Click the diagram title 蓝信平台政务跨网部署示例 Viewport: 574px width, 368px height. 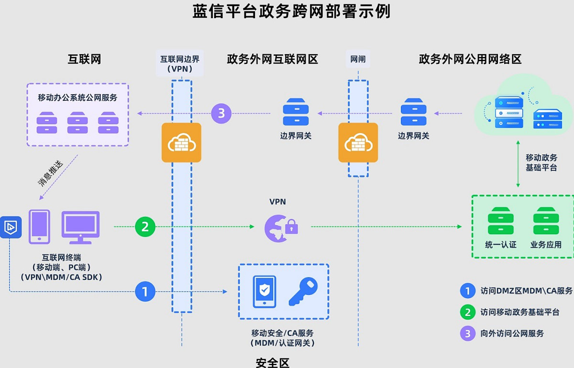[291, 11]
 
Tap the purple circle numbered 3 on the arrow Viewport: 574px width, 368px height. [221, 114]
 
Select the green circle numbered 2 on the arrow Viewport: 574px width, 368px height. [145, 227]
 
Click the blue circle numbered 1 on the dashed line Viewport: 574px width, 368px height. [145, 291]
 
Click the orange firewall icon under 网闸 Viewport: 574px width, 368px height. [358, 142]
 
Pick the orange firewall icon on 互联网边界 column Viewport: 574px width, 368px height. [181, 142]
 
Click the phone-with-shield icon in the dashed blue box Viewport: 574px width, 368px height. [264, 292]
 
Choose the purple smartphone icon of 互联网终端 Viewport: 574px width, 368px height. [39, 227]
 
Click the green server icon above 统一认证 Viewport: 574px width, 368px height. [501, 220]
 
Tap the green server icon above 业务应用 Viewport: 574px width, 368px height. [546, 220]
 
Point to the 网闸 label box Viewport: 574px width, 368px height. [358, 59]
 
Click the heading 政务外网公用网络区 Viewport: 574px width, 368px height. [470, 59]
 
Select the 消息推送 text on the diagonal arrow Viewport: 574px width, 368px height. [50, 173]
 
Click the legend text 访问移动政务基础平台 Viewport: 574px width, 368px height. [519, 312]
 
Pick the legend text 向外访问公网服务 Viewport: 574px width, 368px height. [512, 333]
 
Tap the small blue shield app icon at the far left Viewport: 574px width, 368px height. [10, 227]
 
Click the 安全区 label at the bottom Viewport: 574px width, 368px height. [273, 363]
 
